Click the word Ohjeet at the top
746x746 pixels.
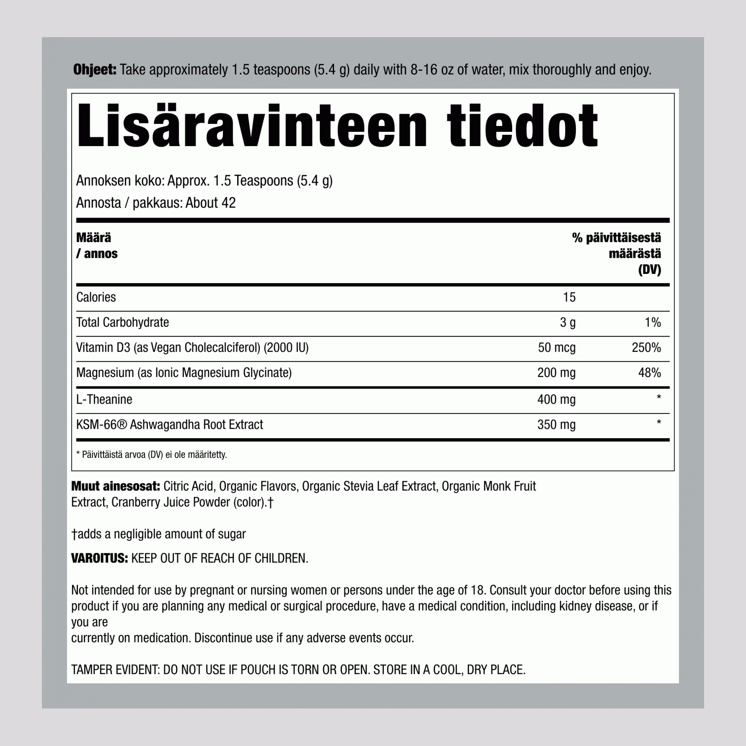coord(95,70)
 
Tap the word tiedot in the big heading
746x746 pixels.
coord(522,126)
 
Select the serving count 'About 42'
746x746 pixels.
coord(211,203)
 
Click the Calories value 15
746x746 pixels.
coord(569,297)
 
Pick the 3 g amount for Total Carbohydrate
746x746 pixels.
coord(568,322)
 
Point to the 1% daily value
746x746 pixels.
coord(652,322)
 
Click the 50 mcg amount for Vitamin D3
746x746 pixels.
coord(557,348)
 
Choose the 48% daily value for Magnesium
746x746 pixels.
coord(649,373)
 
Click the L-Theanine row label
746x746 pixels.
coord(104,399)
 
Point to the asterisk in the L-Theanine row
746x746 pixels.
coord(659,397)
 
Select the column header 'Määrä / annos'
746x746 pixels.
coord(97,246)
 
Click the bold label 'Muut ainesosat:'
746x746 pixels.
coord(115,486)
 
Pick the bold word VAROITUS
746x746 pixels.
coord(99,558)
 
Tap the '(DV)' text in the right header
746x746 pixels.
coord(649,270)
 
